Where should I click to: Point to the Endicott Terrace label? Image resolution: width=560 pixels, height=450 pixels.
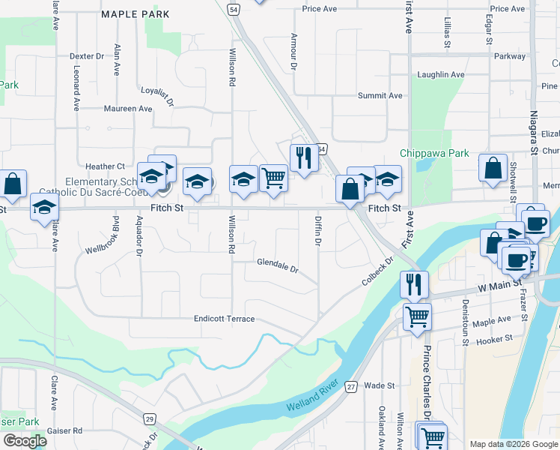[x=225, y=319]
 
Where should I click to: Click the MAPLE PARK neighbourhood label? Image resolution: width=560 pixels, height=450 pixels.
[x=135, y=14]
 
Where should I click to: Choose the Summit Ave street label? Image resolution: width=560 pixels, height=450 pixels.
[x=380, y=96]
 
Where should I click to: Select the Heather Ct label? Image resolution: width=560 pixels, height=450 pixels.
[x=105, y=166]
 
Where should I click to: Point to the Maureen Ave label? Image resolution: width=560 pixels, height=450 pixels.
[x=128, y=109]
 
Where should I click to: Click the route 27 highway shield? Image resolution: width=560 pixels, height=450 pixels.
[x=351, y=387]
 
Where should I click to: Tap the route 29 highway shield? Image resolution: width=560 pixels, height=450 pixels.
[x=150, y=418]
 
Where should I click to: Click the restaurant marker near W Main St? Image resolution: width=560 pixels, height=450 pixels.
[x=414, y=284]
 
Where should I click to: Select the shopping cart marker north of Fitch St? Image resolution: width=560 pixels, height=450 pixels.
[x=274, y=178]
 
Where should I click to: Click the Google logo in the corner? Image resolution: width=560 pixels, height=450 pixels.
[x=25, y=440]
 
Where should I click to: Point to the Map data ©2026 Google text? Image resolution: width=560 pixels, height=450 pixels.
[x=512, y=444]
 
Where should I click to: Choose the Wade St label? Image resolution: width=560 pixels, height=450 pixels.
[x=380, y=385]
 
